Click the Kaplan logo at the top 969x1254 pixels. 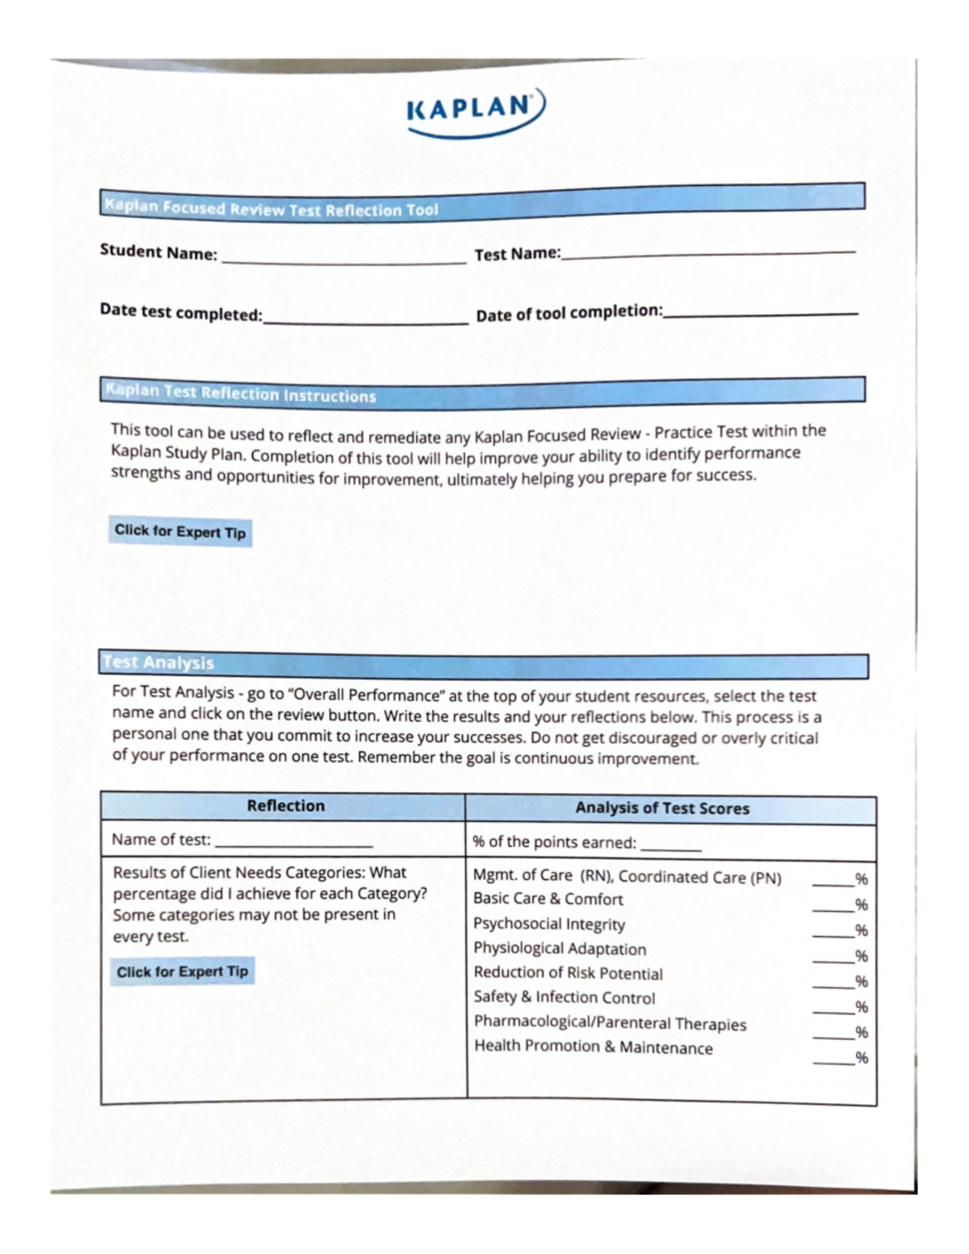476,113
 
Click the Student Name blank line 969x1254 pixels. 343,260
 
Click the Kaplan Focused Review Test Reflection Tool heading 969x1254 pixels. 271,208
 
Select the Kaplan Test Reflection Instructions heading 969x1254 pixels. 241,393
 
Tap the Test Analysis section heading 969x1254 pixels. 158,663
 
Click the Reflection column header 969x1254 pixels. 285,806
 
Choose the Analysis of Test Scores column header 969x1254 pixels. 662,808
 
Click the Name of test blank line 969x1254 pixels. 293,843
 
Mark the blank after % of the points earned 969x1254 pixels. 670,847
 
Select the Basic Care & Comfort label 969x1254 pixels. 547,899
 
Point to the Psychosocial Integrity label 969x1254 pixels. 549,924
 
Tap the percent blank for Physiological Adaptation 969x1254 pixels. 833,959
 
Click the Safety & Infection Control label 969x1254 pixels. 564,997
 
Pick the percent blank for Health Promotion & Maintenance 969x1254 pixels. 833,1061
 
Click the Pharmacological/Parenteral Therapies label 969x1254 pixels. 610,1023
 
